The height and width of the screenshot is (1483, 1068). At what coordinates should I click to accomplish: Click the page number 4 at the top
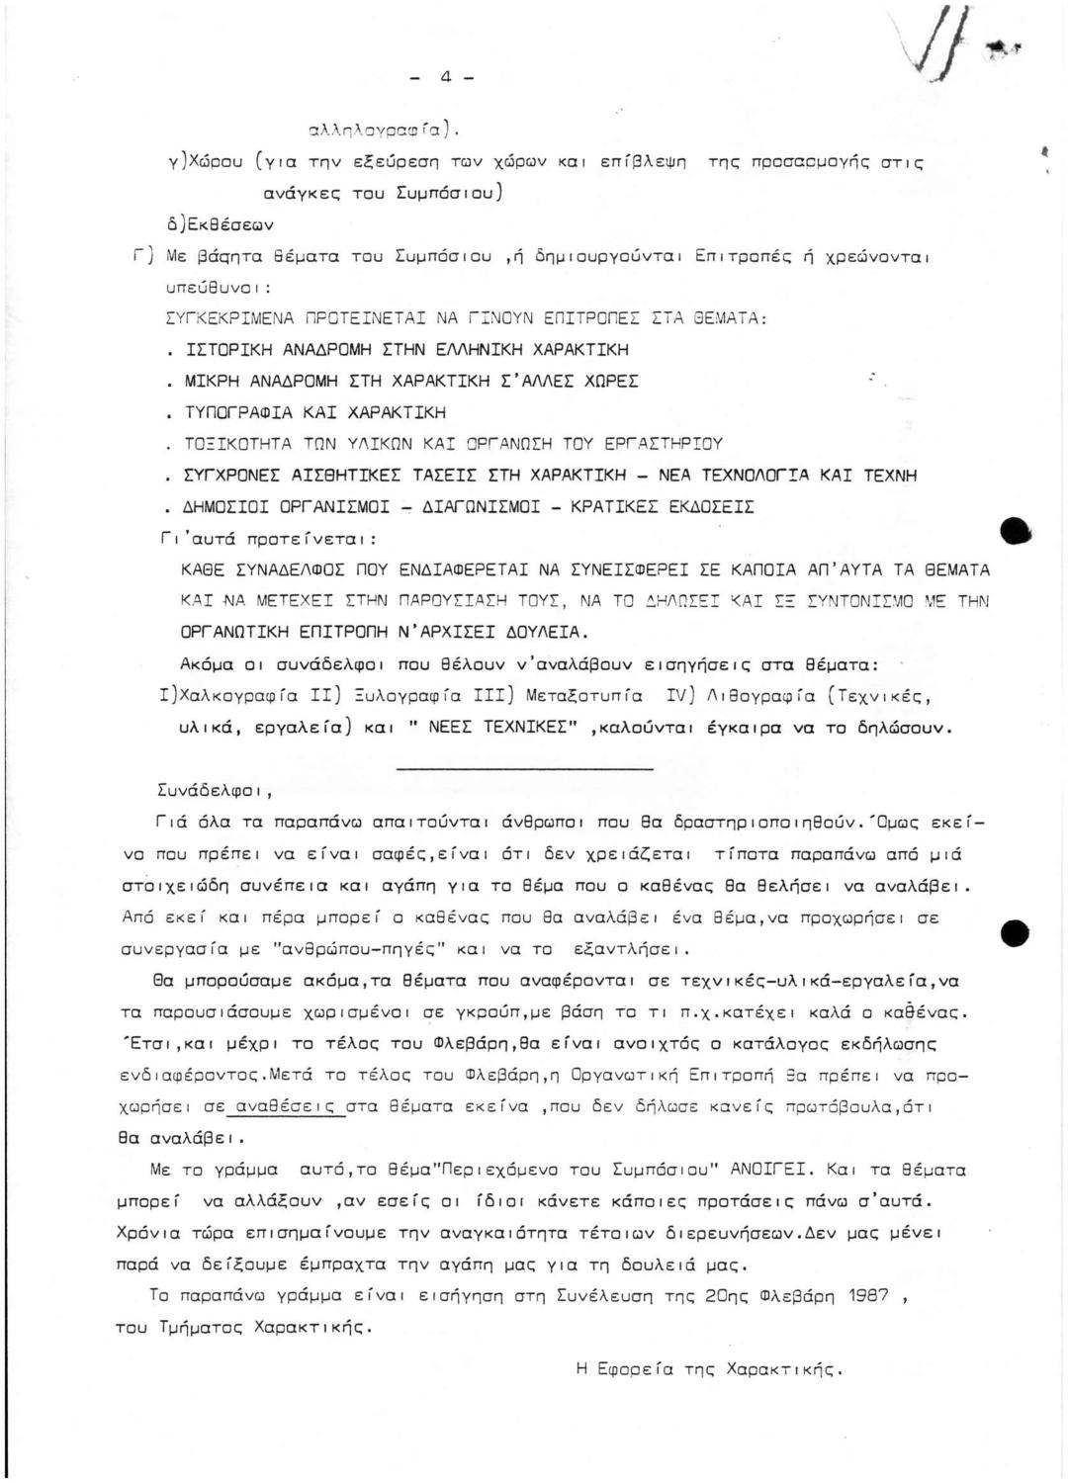[x=446, y=75]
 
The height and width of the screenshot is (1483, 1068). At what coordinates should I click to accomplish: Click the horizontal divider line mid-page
[x=525, y=768]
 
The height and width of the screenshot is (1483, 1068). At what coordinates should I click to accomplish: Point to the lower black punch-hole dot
[x=1016, y=932]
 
